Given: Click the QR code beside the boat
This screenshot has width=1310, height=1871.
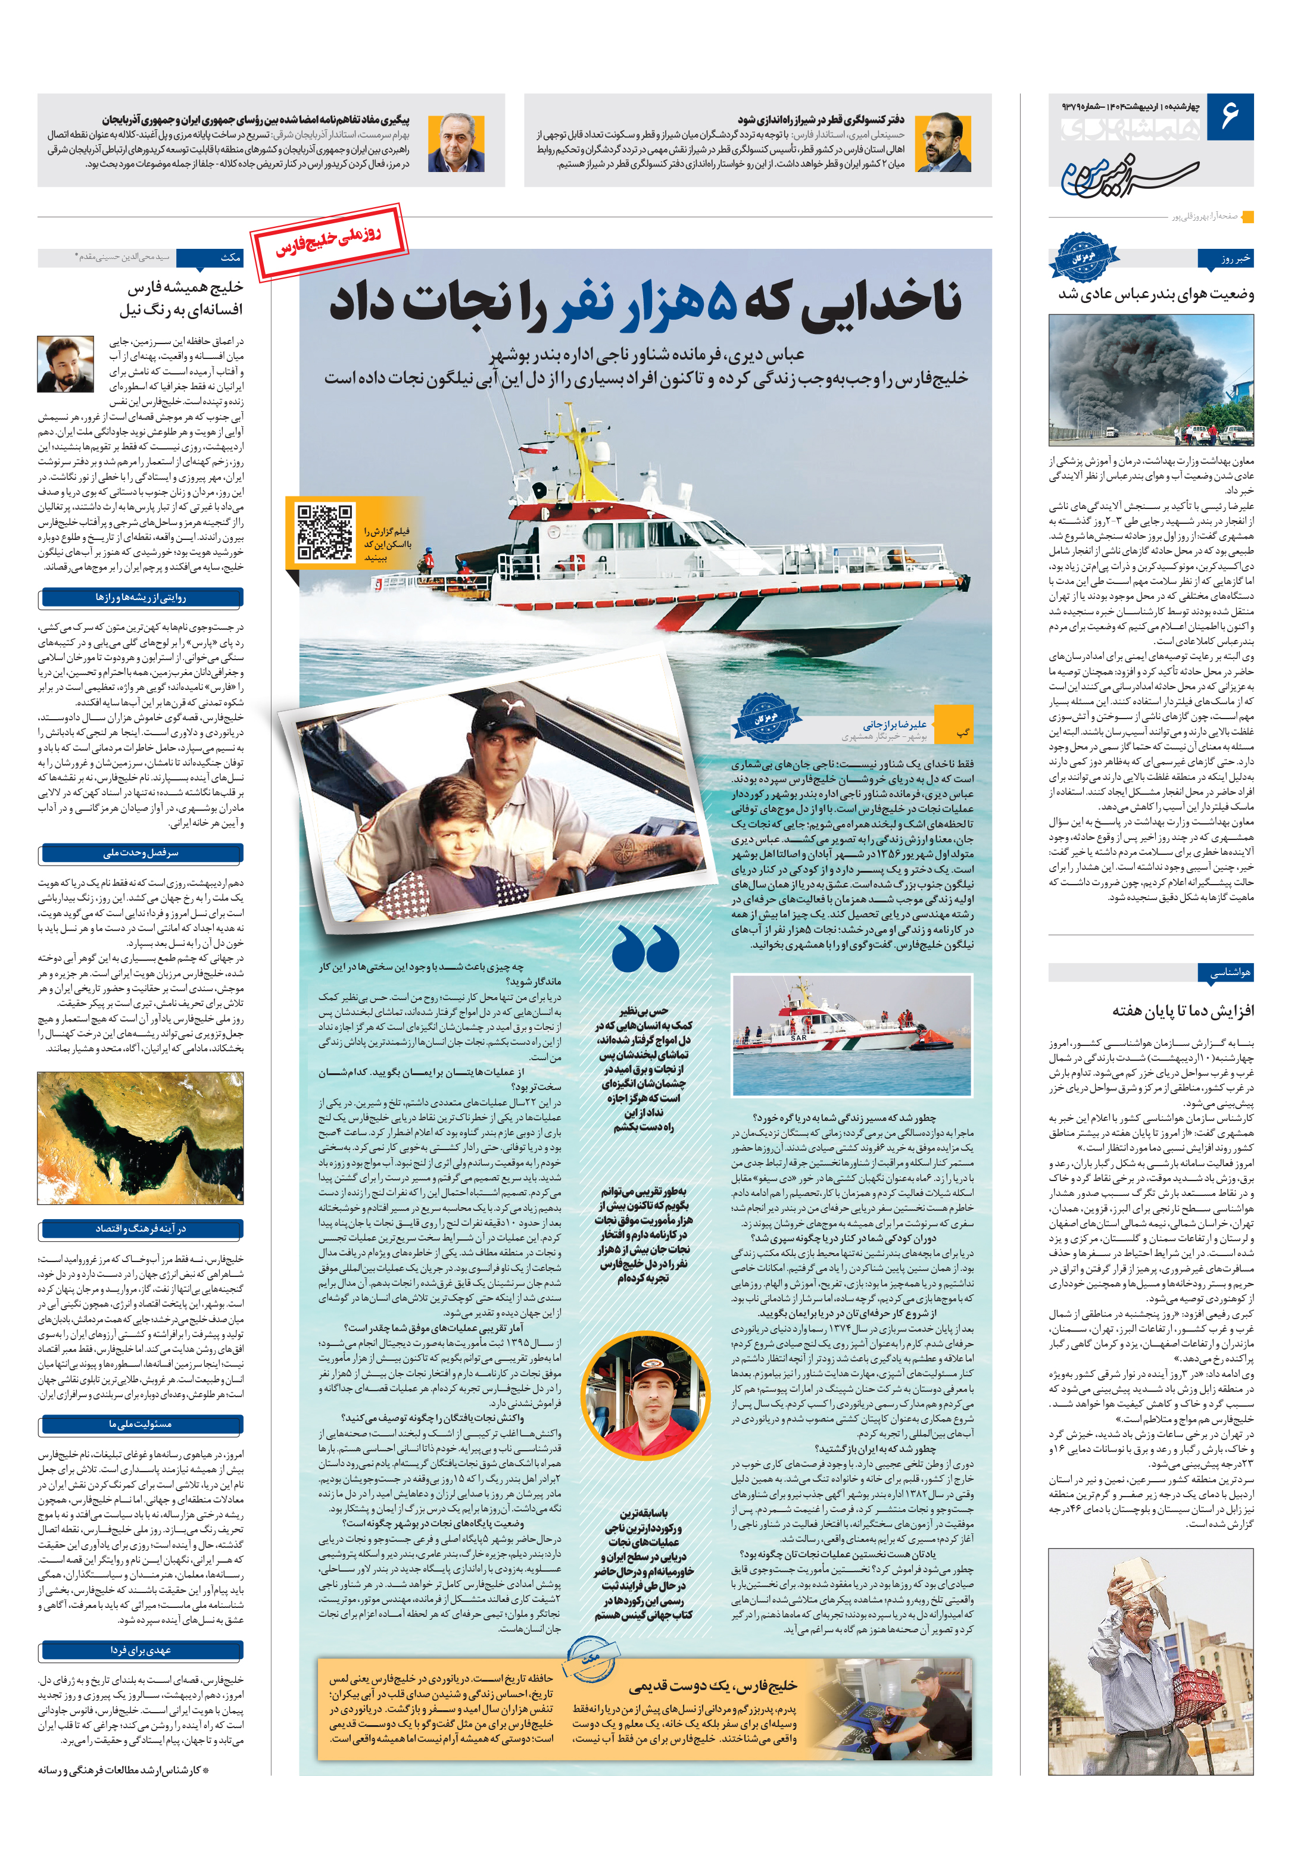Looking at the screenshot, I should click(x=325, y=533).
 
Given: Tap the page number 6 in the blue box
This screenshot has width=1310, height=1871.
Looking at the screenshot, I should click(x=1229, y=117).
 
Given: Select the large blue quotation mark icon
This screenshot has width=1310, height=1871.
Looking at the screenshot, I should click(x=645, y=949).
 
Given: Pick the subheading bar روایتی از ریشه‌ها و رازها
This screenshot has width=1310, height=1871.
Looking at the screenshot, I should click(x=140, y=598).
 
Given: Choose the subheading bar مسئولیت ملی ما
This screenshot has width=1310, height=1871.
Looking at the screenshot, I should click(x=140, y=1423).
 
